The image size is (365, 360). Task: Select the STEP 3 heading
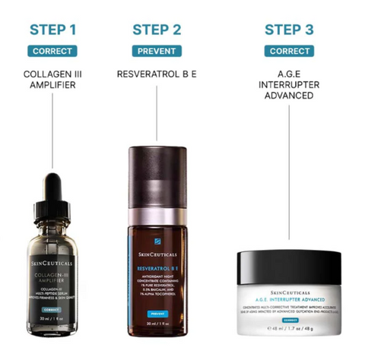click(288, 30)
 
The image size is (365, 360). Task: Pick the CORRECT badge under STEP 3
click(288, 52)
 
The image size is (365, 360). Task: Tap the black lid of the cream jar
click(289, 267)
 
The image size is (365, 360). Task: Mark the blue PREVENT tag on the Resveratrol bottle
click(157, 312)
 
